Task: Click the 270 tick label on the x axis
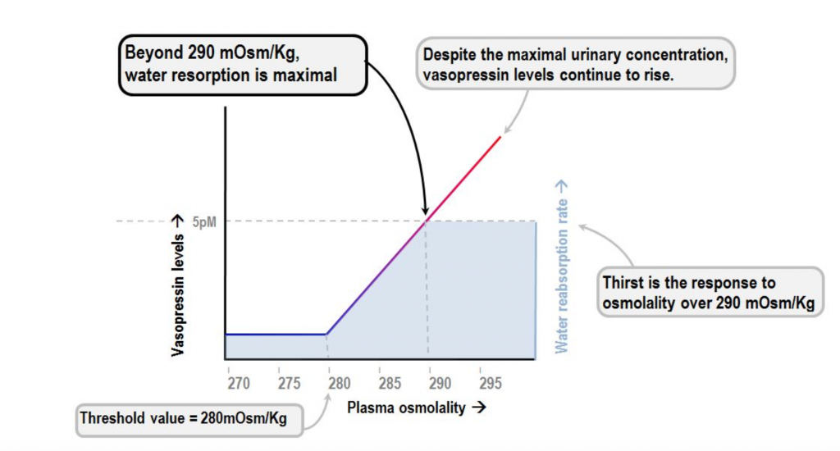[238, 382]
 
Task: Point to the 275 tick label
[288, 382]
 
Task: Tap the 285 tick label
[390, 382]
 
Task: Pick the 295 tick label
[489, 382]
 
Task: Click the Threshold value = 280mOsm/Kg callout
[189, 418]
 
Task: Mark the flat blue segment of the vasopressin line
[275, 335]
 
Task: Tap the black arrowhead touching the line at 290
[425, 212]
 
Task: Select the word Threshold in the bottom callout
[110, 418]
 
